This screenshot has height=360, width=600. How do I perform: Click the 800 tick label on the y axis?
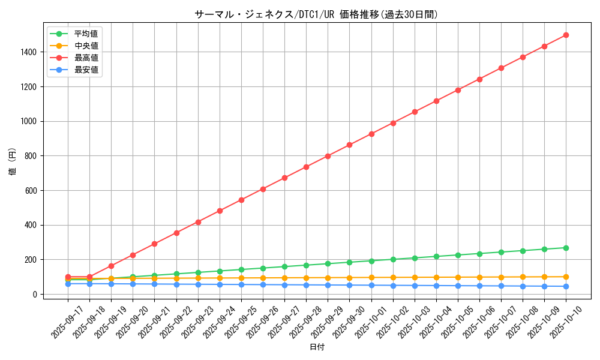[x=30, y=156]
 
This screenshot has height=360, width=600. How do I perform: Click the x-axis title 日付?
[x=316, y=347]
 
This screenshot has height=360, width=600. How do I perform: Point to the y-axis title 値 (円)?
[x=12, y=161]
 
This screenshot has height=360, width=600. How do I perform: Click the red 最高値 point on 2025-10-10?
[x=566, y=35]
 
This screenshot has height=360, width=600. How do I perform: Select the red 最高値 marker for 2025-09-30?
[x=349, y=145]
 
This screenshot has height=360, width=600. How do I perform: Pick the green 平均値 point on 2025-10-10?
[x=566, y=248]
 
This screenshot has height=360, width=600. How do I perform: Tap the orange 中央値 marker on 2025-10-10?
[x=566, y=277]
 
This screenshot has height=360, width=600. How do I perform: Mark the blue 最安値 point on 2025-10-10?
[x=566, y=286]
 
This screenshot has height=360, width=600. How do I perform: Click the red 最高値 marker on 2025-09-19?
[x=111, y=266]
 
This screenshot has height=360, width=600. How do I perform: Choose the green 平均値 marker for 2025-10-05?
[x=458, y=255]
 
